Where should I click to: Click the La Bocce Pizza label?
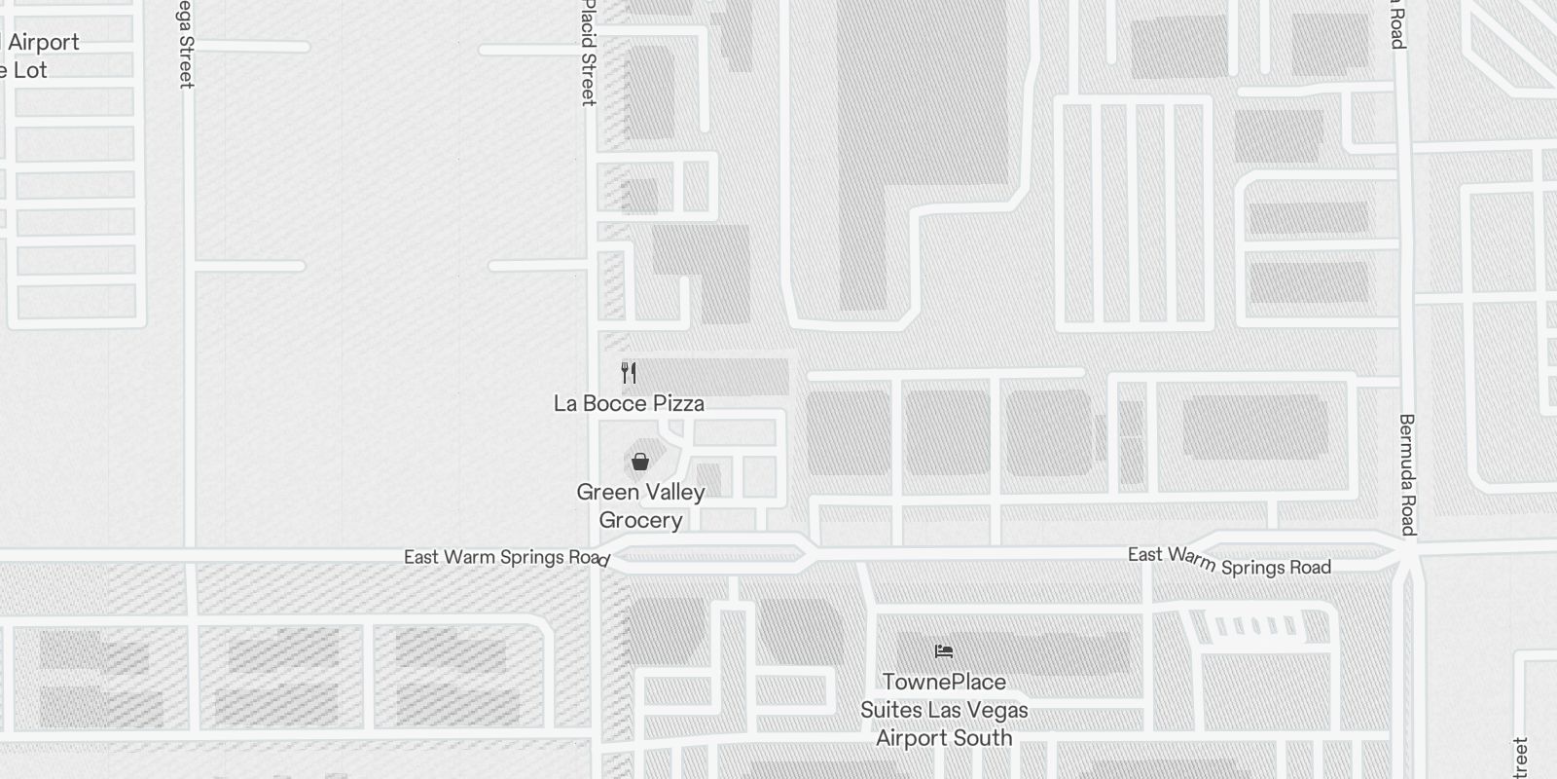tap(629, 403)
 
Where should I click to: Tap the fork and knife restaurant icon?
tap(629, 372)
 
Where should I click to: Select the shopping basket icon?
tap(639, 462)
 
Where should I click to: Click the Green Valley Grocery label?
tap(640, 505)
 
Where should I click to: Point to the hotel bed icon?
tap(943, 651)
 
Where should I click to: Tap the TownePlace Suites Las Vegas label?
tap(943, 710)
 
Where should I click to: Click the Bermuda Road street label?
tap(1407, 474)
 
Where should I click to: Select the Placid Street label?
tap(588, 54)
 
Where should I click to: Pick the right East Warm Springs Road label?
tap(1229, 562)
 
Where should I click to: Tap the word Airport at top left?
tap(44, 42)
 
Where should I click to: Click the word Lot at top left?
tap(30, 70)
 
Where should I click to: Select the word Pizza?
tap(678, 403)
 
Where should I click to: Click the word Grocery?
tap(640, 520)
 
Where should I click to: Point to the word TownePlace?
tap(944, 682)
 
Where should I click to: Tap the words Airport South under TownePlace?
tap(944, 738)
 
